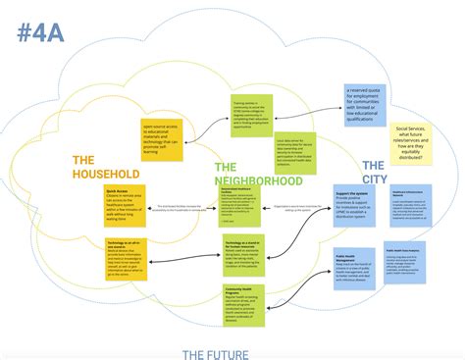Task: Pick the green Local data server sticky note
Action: (294, 152)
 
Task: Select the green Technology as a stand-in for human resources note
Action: (243, 252)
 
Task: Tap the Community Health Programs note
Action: (243, 303)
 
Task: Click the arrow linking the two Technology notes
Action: (182, 253)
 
